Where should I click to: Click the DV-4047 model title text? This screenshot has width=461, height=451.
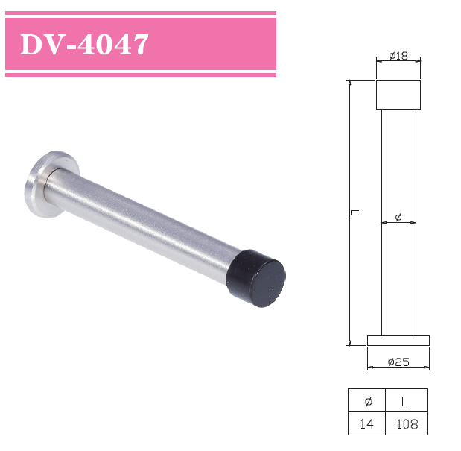pos(84,45)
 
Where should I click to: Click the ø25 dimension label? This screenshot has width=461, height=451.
pos(398,362)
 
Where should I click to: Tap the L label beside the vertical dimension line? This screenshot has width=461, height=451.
pos(355,213)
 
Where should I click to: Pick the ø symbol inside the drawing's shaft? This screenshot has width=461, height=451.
pos(398,217)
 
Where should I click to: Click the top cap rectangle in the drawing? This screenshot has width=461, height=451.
pos(398,95)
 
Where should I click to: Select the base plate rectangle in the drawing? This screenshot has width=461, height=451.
pos(398,341)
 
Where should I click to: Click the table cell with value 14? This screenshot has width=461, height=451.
pos(366,425)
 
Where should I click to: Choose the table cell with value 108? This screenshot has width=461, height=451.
pos(407,425)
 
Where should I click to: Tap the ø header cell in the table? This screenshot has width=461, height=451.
pos(366,401)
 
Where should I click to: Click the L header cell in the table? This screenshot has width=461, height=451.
pos(407,401)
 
